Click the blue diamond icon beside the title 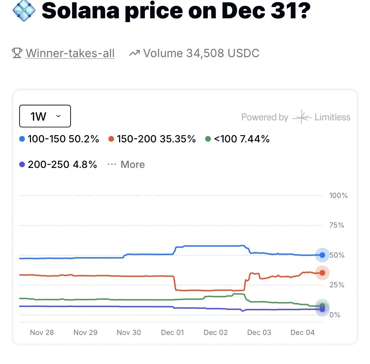coord(24,10)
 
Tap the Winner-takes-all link coord(70,53)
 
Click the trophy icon coord(17,53)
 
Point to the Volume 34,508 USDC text coord(201,53)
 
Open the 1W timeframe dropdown coord(45,116)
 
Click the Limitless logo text coord(332,117)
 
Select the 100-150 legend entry coord(59,139)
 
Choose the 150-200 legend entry coord(152,139)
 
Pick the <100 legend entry coord(237,139)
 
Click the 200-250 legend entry coord(58,164)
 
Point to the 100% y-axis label coord(338,195)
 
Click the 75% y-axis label coord(336,225)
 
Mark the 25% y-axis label coord(336,285)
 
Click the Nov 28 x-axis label coord(42,332)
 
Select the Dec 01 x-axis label coord(172,332)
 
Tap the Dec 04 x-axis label coord(302,332)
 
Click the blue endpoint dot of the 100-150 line coord(322,255)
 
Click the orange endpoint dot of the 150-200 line coord(322,273)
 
